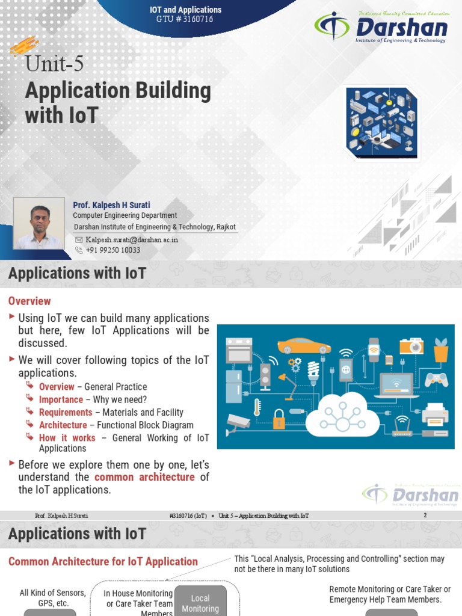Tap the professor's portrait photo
point(39,224)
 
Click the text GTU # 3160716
point(185,19)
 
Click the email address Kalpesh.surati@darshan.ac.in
point(132,239)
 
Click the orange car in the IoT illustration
point(304,346)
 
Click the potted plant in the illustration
point(441,350)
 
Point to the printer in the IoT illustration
point(435,413)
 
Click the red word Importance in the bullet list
point(61,399)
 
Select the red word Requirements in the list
point(66,412)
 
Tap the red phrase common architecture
point(144,477)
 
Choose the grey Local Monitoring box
point(200,601)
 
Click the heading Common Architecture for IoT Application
point(103,562)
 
